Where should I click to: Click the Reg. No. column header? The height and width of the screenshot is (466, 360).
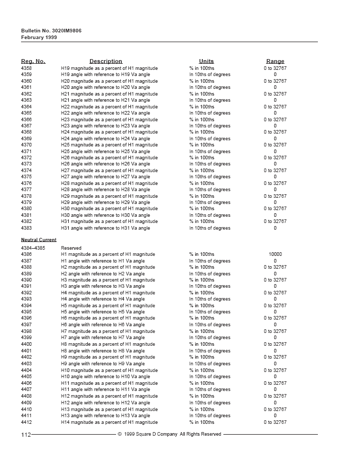33,61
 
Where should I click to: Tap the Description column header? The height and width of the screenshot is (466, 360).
109,61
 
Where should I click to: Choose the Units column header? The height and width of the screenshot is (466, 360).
206,61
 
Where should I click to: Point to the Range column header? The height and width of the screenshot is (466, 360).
275,61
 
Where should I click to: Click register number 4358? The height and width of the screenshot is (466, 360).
26,68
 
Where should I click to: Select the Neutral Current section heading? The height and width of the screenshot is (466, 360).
39,240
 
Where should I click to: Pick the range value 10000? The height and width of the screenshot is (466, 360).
275,254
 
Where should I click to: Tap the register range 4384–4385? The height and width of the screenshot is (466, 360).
33,248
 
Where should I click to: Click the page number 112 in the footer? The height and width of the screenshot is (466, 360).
26,435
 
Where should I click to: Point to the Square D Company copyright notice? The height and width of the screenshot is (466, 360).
169,434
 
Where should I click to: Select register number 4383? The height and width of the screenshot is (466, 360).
26,228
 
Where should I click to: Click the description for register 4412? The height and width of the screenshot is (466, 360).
109,422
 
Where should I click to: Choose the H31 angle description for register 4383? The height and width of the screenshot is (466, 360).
105,228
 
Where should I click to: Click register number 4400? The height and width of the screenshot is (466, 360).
26,344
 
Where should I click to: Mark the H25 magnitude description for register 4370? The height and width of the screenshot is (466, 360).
109,145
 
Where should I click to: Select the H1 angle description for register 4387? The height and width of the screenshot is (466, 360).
103,261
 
